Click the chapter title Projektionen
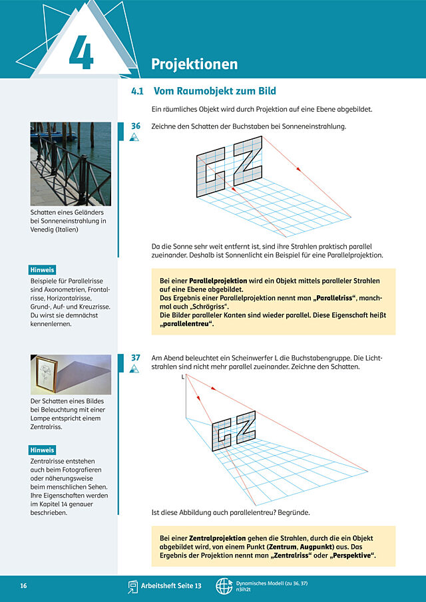point(194,64)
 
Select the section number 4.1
point(137,91)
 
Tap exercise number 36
point(136,126)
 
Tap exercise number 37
point(136,358)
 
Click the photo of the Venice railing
point(71,164)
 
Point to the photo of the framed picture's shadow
point(71,375)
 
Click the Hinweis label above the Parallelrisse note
point(42,270)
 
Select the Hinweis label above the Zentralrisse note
point(42,450)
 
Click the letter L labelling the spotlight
point(183,377)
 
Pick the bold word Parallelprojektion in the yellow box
point(218,281)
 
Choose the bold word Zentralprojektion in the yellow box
point(218,538)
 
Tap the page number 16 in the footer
point(23,586)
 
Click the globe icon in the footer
point(224,586)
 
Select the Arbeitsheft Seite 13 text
point(171,586)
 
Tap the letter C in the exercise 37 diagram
point(222,434)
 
